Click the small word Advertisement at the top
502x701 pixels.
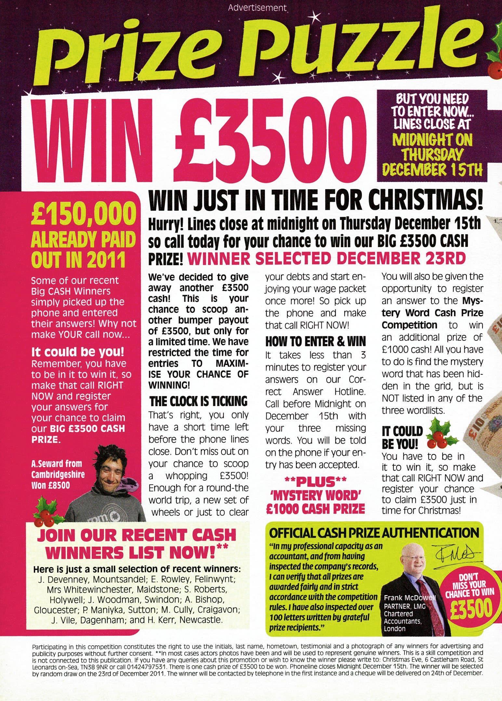tap(258, 7)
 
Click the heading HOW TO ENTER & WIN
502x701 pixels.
tap(316, 341)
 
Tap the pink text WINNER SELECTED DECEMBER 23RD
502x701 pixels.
tap(325, 258)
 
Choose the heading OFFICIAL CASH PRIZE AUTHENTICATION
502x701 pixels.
tap(374, 533)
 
